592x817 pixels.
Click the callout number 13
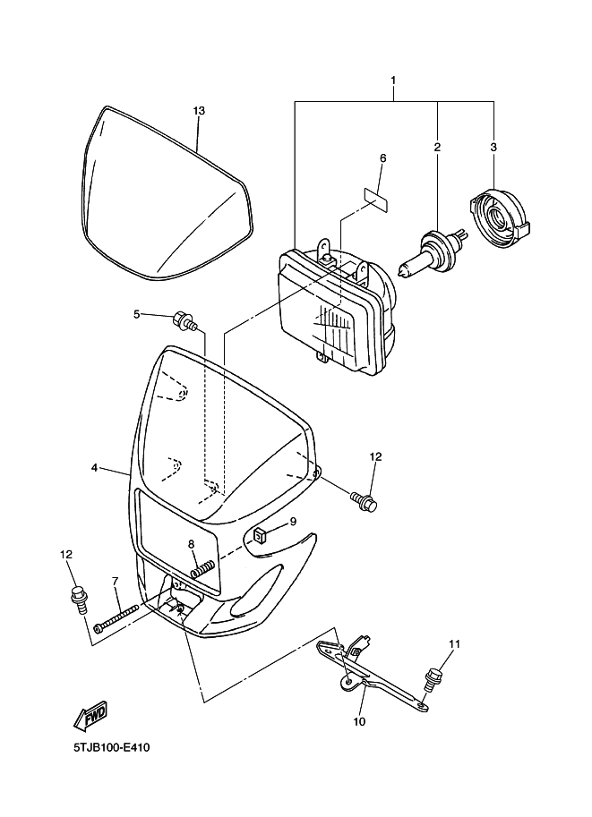199,110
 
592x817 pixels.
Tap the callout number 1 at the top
393,81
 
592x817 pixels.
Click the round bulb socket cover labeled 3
501,217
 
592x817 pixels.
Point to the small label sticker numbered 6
375,200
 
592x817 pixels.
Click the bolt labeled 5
184,320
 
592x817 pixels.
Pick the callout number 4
94,468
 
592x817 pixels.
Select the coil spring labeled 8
203,568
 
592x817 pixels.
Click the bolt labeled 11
433,678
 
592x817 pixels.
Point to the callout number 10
359,721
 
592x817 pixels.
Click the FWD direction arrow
90,714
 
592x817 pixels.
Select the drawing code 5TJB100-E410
112,748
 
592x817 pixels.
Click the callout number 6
382,157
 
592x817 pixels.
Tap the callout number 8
192,544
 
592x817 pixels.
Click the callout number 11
454,644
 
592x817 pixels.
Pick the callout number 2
437,147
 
